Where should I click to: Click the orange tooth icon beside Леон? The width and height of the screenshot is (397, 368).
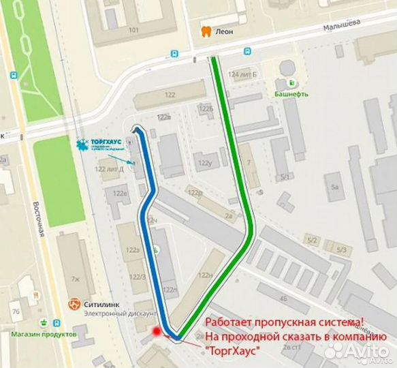[204, 31]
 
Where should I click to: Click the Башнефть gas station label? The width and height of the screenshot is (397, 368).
[291, 94]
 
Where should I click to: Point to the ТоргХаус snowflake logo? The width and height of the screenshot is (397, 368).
[83, 144]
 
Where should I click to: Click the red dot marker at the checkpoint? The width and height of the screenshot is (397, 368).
[158, 332]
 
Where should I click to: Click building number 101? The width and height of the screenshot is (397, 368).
[133, 31]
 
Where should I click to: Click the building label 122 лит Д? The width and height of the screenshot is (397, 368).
[109, 169]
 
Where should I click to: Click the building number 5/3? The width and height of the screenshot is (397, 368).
[341, 250]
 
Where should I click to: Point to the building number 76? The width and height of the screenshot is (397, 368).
[16, 311]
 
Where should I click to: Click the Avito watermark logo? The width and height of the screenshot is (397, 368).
[355, 349]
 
